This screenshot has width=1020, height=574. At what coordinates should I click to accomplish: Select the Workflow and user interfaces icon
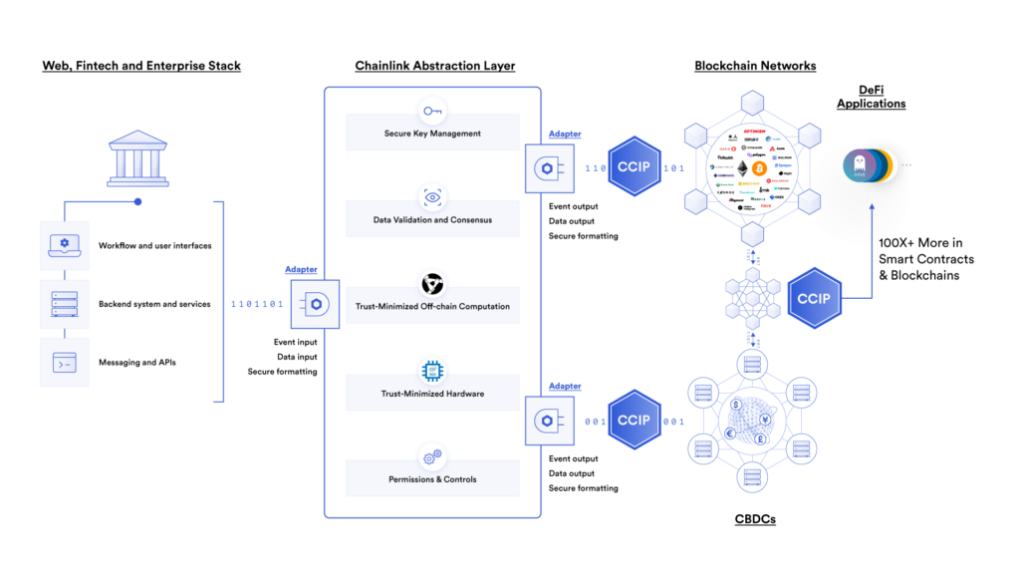pos(64,245)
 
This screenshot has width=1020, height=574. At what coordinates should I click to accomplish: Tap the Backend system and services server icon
pos(64,304)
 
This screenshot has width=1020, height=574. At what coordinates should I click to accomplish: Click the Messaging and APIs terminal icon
pos(64,363)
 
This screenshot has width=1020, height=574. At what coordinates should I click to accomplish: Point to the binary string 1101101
pos(257,304)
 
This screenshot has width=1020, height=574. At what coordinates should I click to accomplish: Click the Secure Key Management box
pos(432,133)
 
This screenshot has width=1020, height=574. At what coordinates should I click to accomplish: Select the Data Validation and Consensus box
pos(432,218)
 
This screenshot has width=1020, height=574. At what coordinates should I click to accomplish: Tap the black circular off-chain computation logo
pos(432,285)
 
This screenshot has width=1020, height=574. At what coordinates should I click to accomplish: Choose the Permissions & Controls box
pos(432,478)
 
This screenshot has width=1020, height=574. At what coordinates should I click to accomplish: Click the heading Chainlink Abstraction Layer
pos(434,66)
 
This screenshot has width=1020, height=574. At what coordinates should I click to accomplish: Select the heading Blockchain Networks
pos(755,66)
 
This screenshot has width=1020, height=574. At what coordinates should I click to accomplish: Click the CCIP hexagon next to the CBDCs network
pos(634,421)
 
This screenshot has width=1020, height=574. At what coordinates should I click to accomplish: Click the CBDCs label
pos(754,520)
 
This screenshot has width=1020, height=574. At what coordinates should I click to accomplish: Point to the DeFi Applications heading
pos(871,96)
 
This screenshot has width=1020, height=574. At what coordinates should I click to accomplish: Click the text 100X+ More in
pos(919,242)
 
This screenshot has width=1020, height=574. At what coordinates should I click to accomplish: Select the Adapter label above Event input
pos(301,269)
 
